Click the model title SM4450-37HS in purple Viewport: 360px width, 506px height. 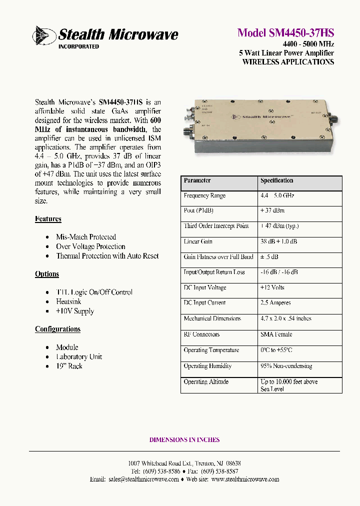tap(285, 33)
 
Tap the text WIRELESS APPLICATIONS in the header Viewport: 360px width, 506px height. tap(288, 62)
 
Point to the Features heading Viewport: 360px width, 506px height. tap(48, 219)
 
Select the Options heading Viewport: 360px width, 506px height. tap(47, 274)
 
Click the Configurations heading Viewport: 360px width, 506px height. tap(57, 329)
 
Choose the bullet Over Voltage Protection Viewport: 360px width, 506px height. tap(90, 246)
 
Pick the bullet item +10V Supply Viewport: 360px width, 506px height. tap(74, 311)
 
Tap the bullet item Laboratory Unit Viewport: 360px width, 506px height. tap(79, 356)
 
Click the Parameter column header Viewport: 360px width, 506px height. tap(197, 180)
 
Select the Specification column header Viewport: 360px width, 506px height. tap(276, 180)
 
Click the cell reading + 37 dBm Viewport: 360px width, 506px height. tap(273, 210)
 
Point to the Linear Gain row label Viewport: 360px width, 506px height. tap(198, 241)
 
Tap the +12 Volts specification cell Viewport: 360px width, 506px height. tap(272, 287)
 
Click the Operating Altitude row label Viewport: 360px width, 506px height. tap(206, 381)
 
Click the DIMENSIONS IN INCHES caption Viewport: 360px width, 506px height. tap(184, 440)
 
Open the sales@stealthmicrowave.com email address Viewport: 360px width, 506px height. tap(143, 479)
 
